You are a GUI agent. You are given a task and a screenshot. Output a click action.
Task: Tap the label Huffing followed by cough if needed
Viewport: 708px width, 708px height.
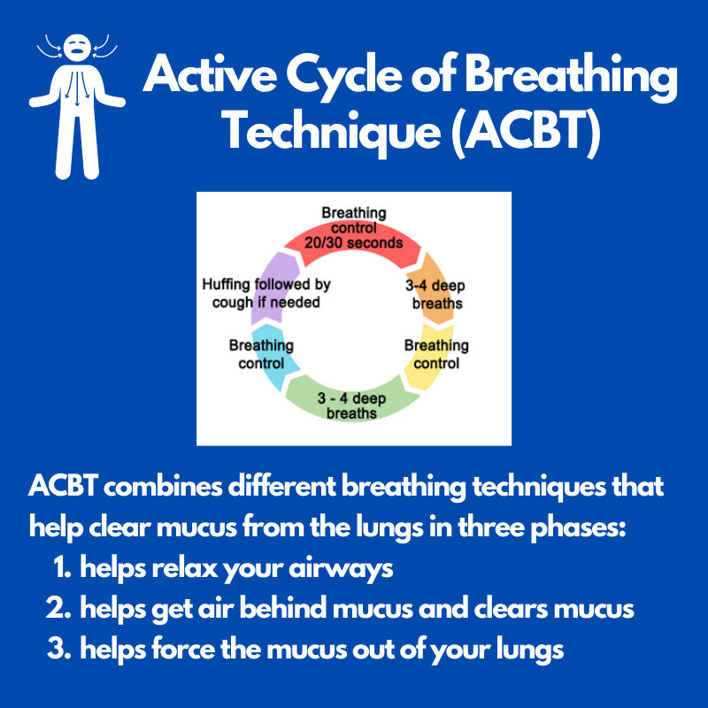point(265,293)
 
